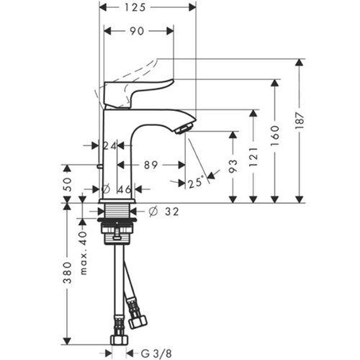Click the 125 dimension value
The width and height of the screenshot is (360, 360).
pyautogui.click(x=135, y=7)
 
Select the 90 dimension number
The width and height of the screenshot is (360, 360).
pyautogui.click(x=137, y=31)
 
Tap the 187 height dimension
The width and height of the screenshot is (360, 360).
pyautogui.click(x=300, y=120)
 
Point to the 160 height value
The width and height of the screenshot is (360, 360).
pyautogui.click(x=275, y=135)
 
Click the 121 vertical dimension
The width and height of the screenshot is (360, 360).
pyautogui.click(x=254, y=157)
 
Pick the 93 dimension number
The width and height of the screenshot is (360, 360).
pyautogui.click(x=233, y=166)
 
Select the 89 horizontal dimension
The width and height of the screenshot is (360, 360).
pyautogui.click(x=150, y=165)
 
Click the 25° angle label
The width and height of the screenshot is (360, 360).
pyautogui.click(x=196, y=182)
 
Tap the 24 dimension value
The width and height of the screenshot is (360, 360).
pyautogui.click(x=109, y=145)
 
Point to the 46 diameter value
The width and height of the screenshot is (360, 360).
pyautogui.click(x=125, y=189)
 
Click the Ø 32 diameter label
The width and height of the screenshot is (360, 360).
pyautogui.click(x=164, y=212)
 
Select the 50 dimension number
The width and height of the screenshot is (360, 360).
pyautogui.click(x=68, y=184)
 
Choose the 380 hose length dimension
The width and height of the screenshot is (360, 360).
pyautogui.click(x=68, y=272)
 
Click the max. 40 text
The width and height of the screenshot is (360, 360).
pyautogui.click(x=83, y=253)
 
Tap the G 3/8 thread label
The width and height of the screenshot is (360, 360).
pyautogui.click(x=156, y=354)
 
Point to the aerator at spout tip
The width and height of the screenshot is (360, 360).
pyautogui.click(x=184, y=127)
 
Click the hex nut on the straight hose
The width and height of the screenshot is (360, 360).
pyautogui.click(x=120, y=340)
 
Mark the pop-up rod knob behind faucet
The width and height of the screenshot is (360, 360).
pyautogui.click(x=99, y=166)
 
